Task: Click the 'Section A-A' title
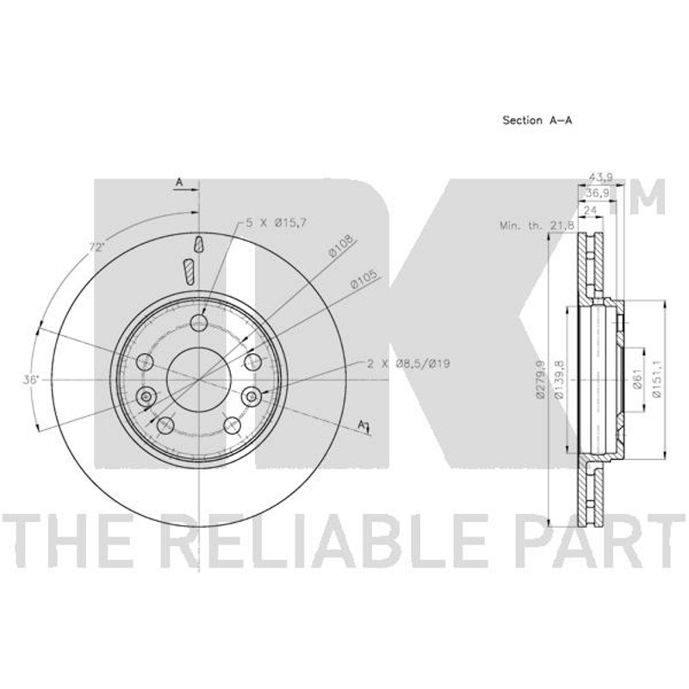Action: pos(537,121)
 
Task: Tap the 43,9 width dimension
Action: pos(600,178)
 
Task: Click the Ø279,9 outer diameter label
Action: pos(541,380)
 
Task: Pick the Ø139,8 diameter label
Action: pos(559,379)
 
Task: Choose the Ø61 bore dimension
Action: pos(637,379)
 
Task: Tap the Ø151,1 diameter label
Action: pos(656,379)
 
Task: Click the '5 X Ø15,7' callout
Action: pos(276,223)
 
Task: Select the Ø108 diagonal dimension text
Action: pos(341,246)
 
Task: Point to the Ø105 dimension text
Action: pos(364,279)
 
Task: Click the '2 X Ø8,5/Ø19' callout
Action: pos(408,363)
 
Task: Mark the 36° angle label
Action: pos(31,380)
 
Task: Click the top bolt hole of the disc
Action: pos(199,323)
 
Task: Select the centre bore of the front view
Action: pos(199,379)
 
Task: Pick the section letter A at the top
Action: pos(179,183)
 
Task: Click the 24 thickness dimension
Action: pos(590,210)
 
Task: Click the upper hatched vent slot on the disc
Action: pos(199,244)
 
